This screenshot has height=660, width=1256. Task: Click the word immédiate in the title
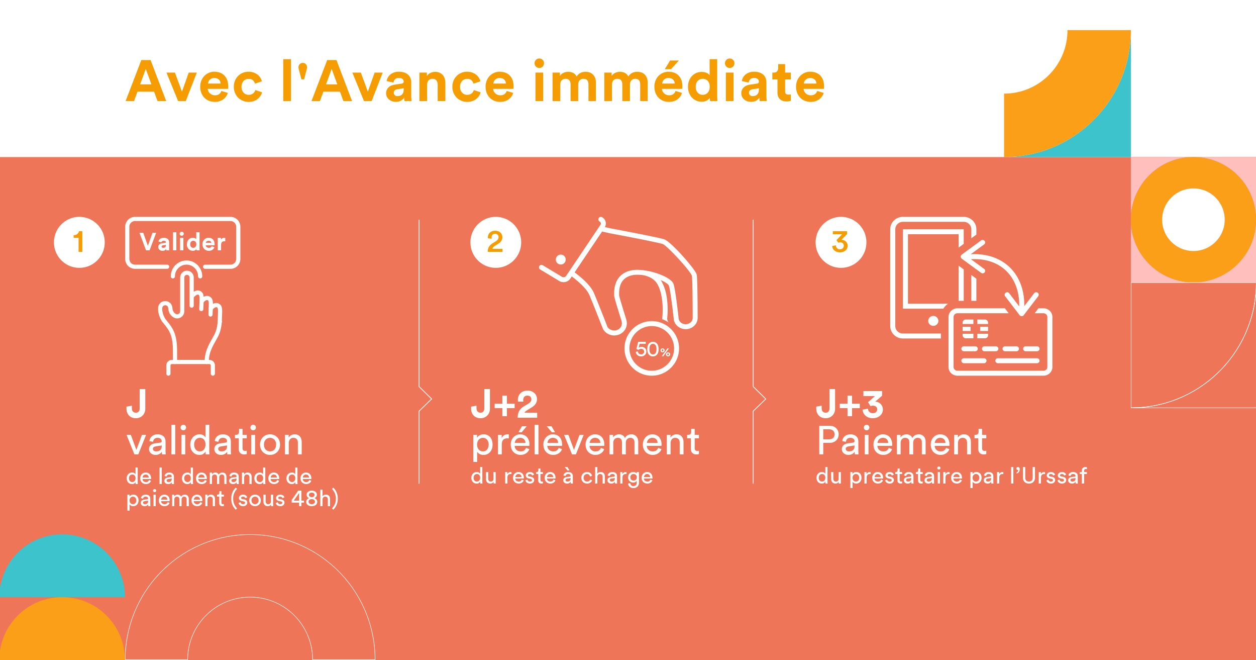(679, 81)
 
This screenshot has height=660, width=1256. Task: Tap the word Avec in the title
(194, 81)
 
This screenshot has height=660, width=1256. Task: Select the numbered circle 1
(79, 242)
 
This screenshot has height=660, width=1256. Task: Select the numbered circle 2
(495, 242)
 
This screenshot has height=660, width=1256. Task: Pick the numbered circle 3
(841, 242)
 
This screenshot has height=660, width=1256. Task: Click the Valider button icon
(183, 243)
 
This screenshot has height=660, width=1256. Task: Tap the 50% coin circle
(652, 348)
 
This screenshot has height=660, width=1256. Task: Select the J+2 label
(504, 404)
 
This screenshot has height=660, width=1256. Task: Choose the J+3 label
(849, 404)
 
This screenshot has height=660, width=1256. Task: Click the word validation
(215, 441)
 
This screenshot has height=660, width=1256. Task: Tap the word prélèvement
(585, 442)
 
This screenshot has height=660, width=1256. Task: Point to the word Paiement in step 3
(902, 441)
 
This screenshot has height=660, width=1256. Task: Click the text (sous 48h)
(284, 499)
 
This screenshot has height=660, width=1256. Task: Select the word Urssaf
(1055, 476)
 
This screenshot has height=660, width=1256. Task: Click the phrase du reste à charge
(562, 477)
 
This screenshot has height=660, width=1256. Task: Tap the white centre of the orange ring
(1193, 220)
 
